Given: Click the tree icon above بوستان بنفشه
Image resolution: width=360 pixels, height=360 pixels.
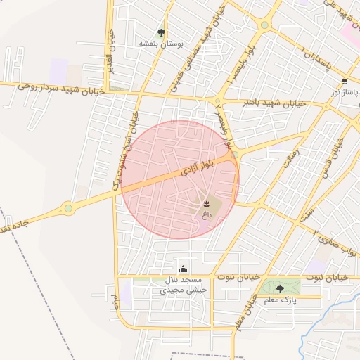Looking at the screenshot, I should tap(162, 32).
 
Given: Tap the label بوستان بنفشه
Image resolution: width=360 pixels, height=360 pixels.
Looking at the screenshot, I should tap(161, 44).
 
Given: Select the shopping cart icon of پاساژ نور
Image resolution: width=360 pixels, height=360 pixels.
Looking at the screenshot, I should tap(344, 82).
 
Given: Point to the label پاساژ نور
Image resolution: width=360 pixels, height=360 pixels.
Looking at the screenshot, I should tap(345, 93).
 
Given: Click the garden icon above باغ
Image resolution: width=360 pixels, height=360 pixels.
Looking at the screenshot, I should tap(205, 203).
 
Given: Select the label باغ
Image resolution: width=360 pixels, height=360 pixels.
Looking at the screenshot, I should tap(205, 213).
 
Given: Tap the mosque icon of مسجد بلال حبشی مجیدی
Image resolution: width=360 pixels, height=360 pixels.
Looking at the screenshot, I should tap(184, 269).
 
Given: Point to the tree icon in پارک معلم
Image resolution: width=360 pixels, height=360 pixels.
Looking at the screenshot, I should tap(280, 289).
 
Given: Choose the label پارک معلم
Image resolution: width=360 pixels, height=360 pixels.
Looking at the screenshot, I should tap(280, 300).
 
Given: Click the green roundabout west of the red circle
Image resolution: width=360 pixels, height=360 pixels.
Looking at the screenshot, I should tap(68, 207).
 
